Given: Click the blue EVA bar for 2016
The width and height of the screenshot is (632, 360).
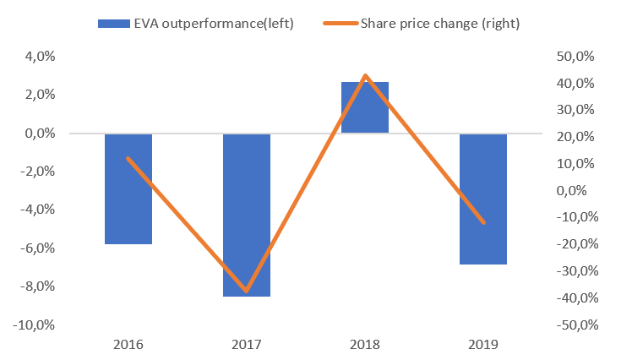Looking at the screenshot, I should click(x=128, y=188).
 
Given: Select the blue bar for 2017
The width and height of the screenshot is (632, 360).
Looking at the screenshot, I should click(x=247, y=215).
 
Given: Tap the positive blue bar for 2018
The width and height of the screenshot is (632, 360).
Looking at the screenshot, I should click(x=365, y=107).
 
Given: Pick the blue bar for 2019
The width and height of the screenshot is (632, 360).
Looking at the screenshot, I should click(x=483, y=199).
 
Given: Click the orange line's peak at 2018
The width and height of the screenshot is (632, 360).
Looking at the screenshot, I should click(x=365, y=76).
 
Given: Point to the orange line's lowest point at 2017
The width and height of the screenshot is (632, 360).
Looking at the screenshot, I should click(x=247, y=292).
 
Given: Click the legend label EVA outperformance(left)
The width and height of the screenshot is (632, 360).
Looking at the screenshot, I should click(x=215, y=23).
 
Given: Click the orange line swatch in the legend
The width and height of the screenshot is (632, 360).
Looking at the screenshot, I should click(x=338, y=23).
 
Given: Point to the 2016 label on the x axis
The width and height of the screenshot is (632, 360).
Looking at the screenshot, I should click(x=128, y=344).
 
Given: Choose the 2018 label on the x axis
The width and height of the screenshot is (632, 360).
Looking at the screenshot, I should click(x=365, y=344).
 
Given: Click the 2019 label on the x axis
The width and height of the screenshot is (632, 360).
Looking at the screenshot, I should click(x=483, y=344).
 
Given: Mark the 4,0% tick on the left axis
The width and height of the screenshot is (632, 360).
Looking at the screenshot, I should click(x=39, y=57).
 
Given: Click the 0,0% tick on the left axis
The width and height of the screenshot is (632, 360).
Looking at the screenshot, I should click(x=39, y=134).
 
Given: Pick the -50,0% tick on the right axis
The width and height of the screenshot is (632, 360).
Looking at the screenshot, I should click(x=577, y=325).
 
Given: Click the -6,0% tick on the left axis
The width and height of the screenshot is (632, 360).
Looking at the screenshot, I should click(x=36, y=248).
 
